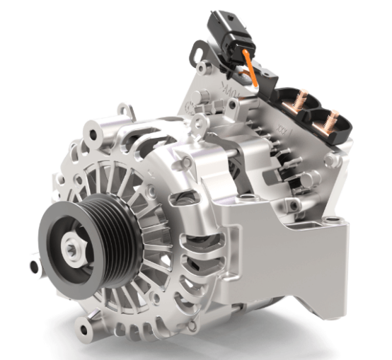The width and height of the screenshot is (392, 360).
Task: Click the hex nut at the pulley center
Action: click(x=73, y=245)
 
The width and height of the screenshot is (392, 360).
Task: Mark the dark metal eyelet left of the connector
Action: click(x=197, y=52)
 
